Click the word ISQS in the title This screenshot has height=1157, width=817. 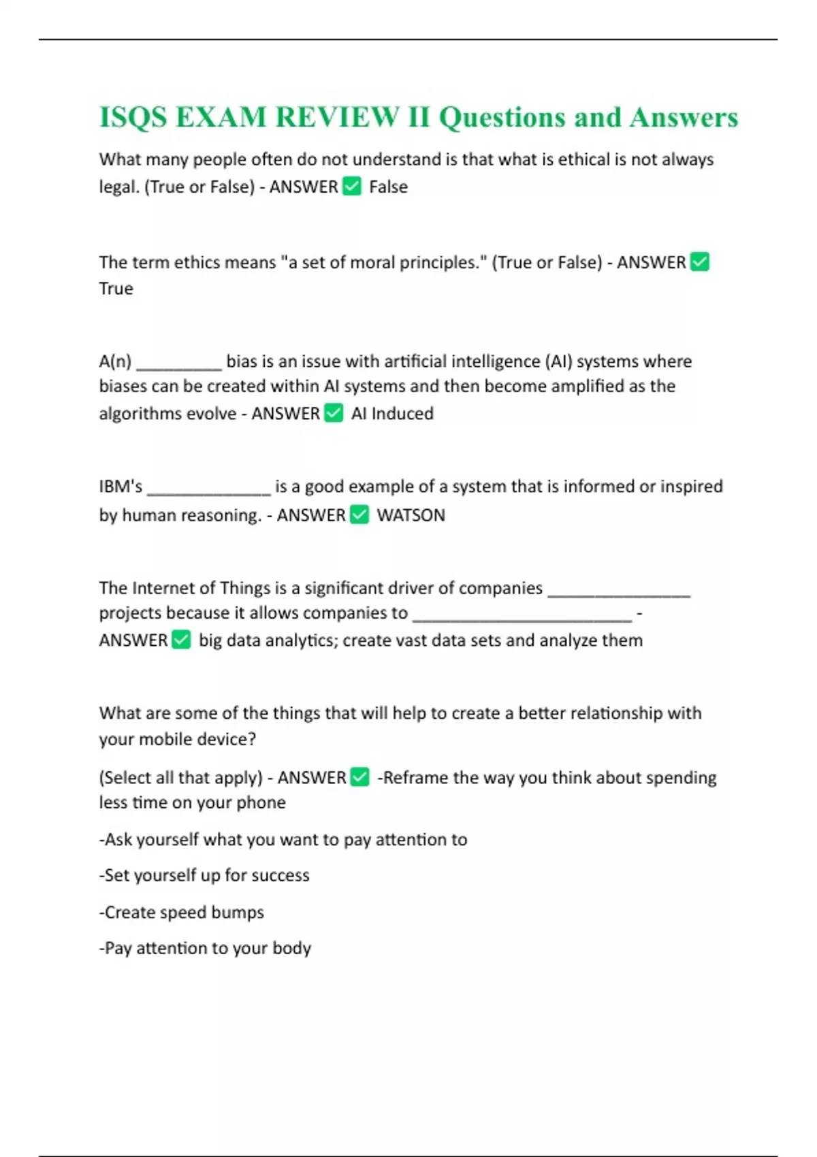click(133, 117)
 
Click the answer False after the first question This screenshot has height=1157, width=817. click(388, 187)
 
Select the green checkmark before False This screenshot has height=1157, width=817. click(352, 186)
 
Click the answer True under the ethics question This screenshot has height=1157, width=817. click(116, 289)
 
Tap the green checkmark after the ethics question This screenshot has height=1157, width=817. click(700, 262)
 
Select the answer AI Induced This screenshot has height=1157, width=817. click(392, 414)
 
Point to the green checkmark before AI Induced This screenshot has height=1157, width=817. click(334, 413)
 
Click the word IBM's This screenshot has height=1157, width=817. click(121, 487)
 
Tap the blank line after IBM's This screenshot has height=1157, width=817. click(209, 492)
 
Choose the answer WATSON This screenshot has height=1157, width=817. click(411, 515)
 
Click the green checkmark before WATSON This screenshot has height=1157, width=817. click(359, 515)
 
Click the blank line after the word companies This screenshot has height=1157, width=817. click(619, 593)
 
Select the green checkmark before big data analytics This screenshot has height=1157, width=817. click(181, 640)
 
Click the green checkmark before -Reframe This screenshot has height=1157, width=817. click(360, 777)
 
